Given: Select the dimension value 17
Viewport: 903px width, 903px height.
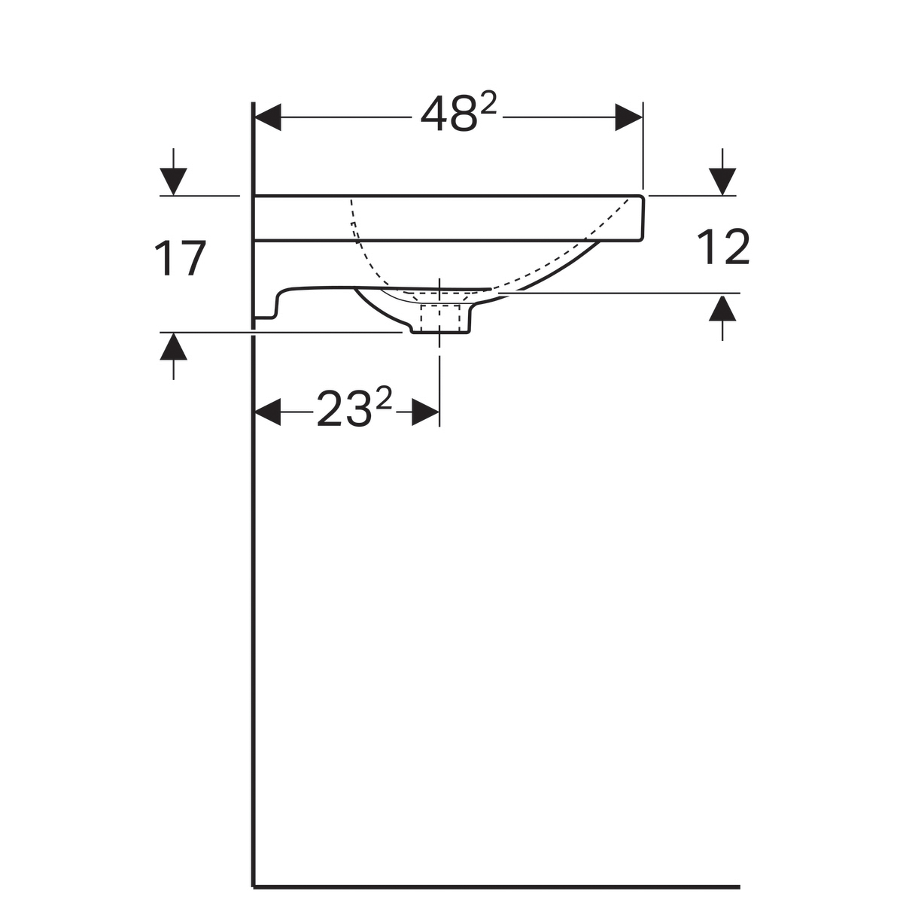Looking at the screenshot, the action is [180, 259].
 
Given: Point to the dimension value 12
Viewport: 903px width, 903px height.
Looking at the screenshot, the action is [723, 247].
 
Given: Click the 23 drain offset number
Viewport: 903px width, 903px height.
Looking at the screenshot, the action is [343, 409].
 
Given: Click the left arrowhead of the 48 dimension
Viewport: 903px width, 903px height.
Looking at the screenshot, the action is [267, 117].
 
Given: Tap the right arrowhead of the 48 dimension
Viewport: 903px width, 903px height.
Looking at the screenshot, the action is [628, 117].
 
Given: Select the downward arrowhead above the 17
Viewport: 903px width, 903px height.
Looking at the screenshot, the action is [173, 181].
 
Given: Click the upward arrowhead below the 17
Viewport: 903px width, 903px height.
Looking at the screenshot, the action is [173, 346].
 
